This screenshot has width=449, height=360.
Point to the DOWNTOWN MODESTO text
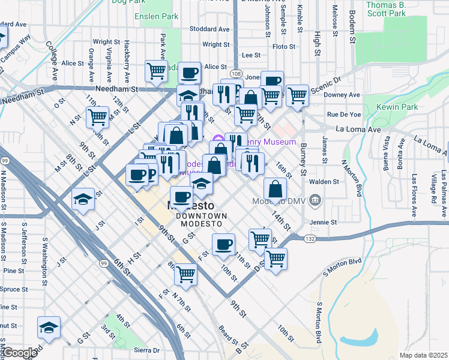point(201,220)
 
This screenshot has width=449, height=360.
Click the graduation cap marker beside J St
point(83,200)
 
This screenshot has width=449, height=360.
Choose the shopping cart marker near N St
point(97,117)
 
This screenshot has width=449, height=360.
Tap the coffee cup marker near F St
point(224,244)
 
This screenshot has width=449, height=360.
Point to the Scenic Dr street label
point(324,82)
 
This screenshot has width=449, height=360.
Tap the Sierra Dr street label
point(146,350)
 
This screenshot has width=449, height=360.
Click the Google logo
point(19,353)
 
